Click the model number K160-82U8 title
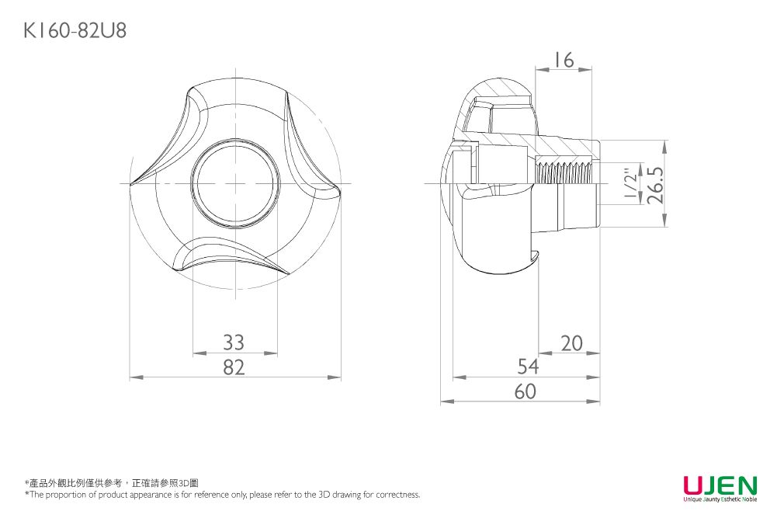point(75,30)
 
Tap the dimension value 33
point(234,342)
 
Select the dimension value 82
point(234,367)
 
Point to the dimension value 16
point(564,60)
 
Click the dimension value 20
point(572,343)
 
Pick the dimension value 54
point(528,367)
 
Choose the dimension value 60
point(526,391)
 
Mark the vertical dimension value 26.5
point(655,184)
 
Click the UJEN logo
point(720,485)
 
